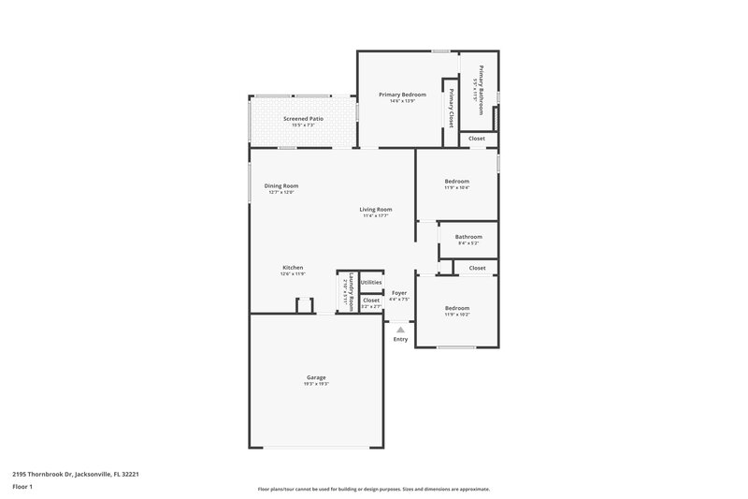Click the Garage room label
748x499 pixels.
tap(316, 377)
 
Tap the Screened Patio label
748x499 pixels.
tap(303, 120)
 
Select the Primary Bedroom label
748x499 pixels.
tap(402, 95)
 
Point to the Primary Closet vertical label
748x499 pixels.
tap(452, 108)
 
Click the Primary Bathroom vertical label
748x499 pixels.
tap(482, 89)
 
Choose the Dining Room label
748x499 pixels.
tap(281, 186)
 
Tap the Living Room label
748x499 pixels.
tap(376, 210)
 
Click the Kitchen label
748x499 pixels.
tap(293, 268)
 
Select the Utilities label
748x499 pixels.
tap(371, 282)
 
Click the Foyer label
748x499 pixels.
tap(399, 293)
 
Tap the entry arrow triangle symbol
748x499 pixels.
tap(400, 330)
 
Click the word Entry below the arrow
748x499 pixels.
tap(400, 339)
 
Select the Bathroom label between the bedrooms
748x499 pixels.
tap(468, 237)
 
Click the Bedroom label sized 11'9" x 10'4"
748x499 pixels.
tap(457, 181)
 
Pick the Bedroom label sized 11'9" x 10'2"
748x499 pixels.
tap(457, 308)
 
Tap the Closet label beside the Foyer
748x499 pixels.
tap(371, 301)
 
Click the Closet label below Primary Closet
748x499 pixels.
tap(477, 139)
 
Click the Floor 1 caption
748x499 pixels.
tap(22, 488)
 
